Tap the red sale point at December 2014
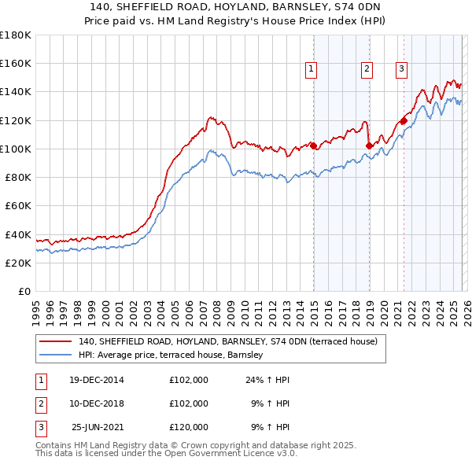313,145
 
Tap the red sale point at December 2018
368,145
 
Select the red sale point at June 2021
404,120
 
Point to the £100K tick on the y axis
16,149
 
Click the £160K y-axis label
16,63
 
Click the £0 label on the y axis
23,291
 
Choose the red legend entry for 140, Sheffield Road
227,341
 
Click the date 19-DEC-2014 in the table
97,380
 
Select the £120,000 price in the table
189,427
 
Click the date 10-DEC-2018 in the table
97,403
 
